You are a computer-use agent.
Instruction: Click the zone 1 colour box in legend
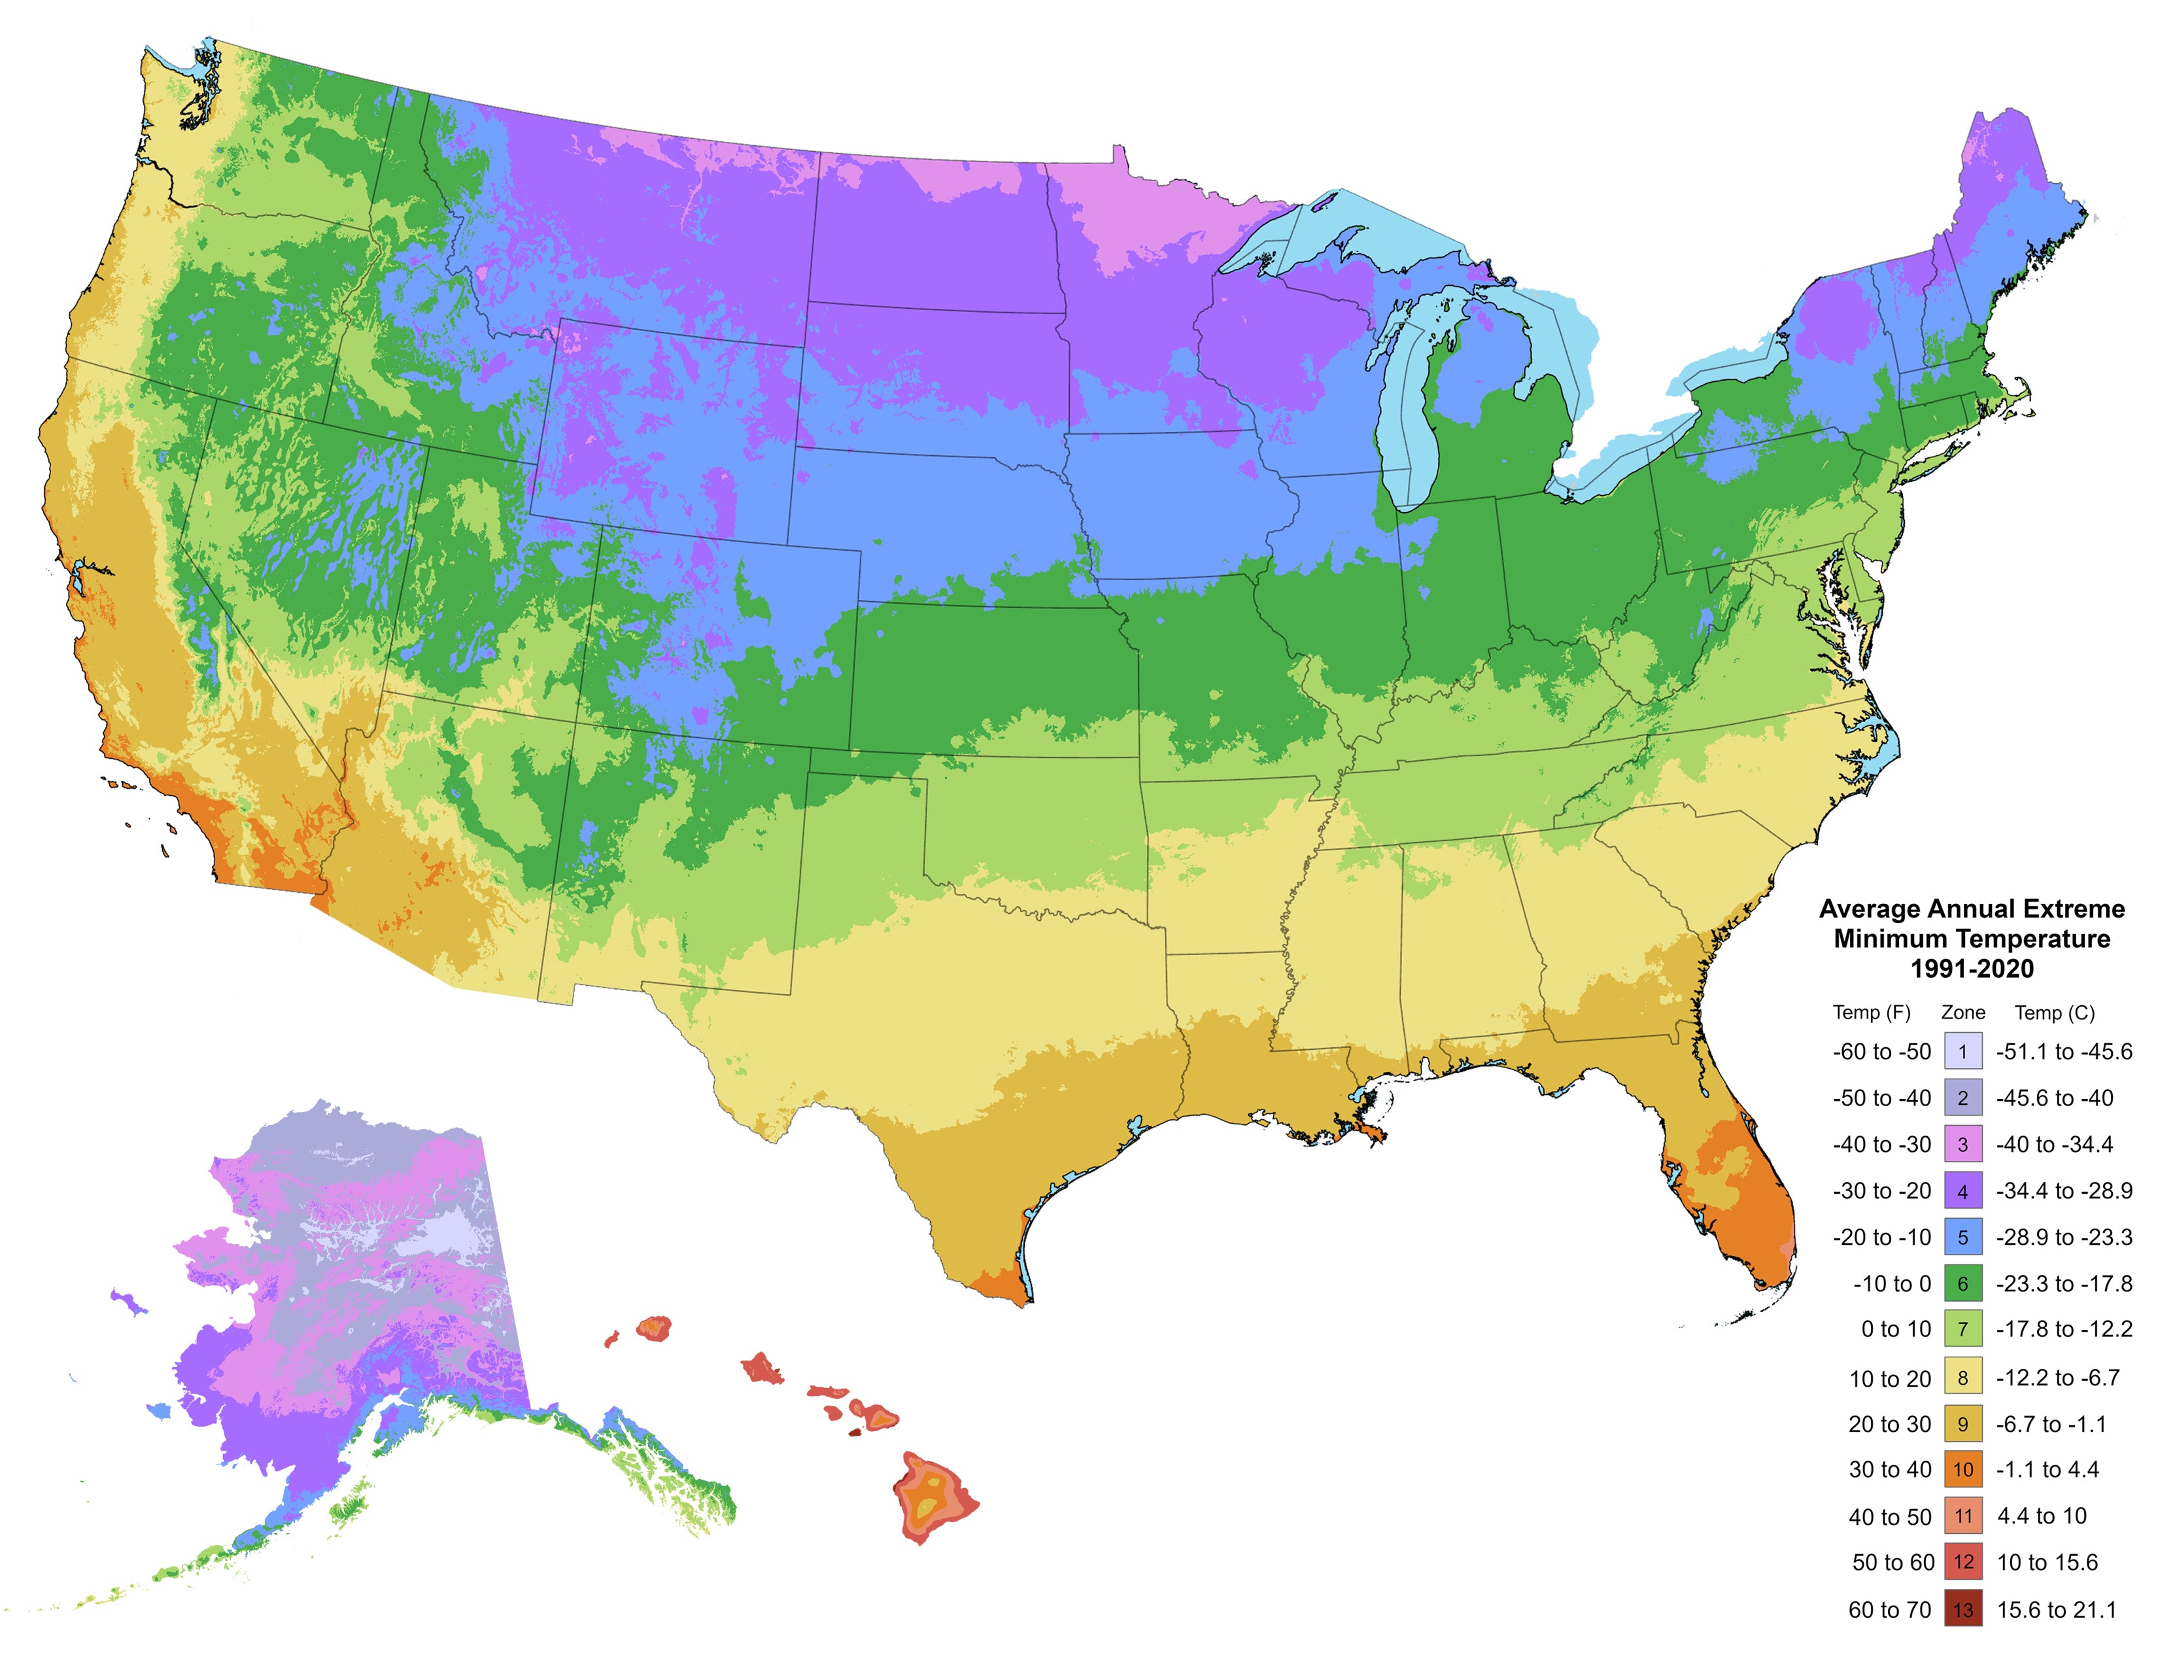click(1962, 1051)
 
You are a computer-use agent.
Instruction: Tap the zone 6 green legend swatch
click(1962, 1283)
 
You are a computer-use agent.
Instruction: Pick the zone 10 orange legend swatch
click(1962, 1469)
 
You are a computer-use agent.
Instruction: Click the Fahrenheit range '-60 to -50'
click(1881, 1051)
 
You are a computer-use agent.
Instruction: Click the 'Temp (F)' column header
click(1872, 1012)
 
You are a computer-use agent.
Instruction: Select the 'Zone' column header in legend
click(1962, 1012)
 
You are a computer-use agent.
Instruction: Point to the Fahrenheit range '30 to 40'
click(1889, 1469)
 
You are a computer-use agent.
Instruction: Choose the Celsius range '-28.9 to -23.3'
click(2063, 1237)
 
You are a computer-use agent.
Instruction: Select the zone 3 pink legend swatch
click(1962, 1144)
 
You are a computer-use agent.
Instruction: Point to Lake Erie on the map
click(1620, 455)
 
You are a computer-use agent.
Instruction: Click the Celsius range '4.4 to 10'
click(2042, 1516)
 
